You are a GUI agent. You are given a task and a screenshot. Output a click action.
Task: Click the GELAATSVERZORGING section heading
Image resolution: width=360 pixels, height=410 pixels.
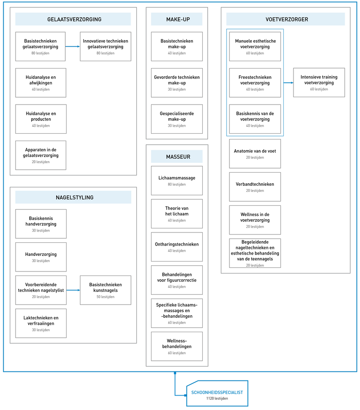pyautogui.click(x=74, y=19)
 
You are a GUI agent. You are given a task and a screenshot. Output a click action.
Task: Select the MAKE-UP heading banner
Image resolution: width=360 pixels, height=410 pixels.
pyautogui.click(x=177, y=19)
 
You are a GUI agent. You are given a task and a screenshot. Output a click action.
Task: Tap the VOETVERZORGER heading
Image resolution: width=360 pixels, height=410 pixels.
pyautogui.click(x=287, y=19)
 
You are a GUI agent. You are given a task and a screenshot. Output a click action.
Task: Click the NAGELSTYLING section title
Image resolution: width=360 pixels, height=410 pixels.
pyautogui.click(x=75, y=198)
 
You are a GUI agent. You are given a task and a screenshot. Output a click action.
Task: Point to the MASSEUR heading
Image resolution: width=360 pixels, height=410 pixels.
pyautogui.click(x=178, y=157)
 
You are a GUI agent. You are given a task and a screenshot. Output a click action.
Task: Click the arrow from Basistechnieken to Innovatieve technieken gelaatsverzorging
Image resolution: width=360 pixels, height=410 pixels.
pyautogui.click(x=73, y=47)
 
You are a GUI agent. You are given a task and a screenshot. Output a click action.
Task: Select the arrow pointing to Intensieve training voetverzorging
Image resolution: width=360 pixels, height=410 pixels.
pyautogui.click(x=288, y=83)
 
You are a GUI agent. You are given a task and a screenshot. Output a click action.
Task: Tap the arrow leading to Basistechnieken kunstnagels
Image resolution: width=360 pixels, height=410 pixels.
pyautogui.click(x=73, y=290)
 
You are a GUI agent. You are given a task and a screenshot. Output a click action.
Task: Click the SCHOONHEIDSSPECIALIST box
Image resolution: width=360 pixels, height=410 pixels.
pyautogui.click(x=217, y=393)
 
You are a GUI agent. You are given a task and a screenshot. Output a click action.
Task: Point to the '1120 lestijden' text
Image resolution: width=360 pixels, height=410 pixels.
pyautogui.click(x=217, y=399)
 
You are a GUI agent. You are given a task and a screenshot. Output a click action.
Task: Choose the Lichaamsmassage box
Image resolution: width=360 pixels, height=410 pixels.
pyautogui.click(x=177, y=181)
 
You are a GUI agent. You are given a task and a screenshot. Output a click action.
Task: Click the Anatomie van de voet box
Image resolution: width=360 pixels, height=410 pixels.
pyautogui.click(x=255, y=153)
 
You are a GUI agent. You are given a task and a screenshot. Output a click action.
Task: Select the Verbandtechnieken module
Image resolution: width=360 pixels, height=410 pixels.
pyautogui.click(x=255, y=187)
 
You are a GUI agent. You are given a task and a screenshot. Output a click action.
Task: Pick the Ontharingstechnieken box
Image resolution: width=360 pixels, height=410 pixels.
pyautogui.click(x=177, y=247)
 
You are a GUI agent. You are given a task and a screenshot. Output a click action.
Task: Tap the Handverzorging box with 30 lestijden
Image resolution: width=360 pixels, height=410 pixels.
pyautogui.click(x=41, y=257)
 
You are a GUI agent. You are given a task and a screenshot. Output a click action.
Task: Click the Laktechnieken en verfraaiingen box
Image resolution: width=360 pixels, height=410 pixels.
pyautogui.click(x=41, y=323)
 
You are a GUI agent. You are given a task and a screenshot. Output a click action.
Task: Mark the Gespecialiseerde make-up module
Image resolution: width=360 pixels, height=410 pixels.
pyautogui.click(x=177, y=119)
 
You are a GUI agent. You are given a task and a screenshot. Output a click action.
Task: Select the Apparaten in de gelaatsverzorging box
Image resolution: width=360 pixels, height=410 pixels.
pyautogui.click(x=41, y=155)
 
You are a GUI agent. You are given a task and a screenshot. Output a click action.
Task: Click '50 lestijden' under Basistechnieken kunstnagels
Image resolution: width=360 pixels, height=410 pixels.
pyautogui.click(x=105, y=297)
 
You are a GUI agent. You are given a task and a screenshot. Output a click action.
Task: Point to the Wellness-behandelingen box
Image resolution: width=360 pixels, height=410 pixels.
pyautogui.click(x=177, y=346)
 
